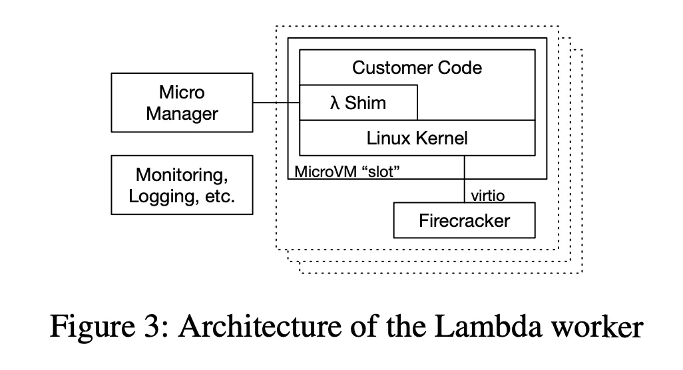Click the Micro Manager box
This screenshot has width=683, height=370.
(182, 102)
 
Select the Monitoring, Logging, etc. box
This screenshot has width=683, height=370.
(182, 185)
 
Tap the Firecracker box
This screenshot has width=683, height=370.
(464, 220)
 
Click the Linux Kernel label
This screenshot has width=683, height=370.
(417, 138)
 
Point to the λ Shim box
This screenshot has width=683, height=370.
(358, 103)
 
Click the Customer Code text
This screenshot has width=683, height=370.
(417, 67)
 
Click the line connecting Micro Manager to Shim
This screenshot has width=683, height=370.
(276, 103)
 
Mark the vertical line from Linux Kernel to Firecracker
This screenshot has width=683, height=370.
(464, 180)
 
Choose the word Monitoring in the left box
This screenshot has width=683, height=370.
(182, 175)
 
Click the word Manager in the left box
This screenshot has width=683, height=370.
(182, 113)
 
